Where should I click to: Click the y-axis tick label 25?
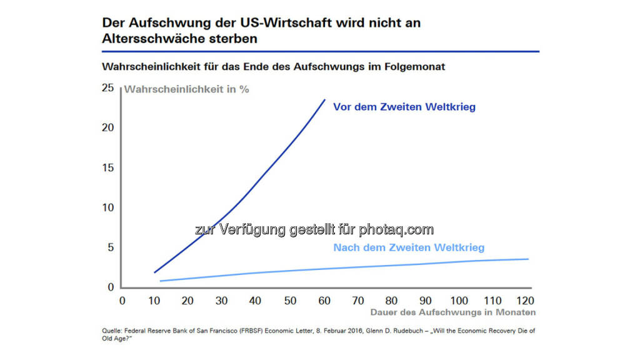(x=108, y=88)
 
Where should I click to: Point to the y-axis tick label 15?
(x=108, y=167)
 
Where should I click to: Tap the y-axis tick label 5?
(x=111, y=247)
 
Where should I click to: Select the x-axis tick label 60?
(x=324, y=300)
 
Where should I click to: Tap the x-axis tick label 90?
(x=425, y=300)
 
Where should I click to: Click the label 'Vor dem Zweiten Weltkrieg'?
(x=404, y=107)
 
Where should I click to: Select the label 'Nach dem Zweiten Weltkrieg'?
(x=409, y=247)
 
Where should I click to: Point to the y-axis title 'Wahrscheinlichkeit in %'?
(x=187, y=89)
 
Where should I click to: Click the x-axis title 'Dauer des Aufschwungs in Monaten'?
(x=452, y=312)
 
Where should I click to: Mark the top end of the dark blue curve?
(x=325, y=99)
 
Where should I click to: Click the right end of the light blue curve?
(x=529, y=259)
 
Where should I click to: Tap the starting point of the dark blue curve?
(x=154, y=272)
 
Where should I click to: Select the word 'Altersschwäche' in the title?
(x=149, y=38)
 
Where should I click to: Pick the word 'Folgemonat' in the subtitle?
(x=416, y=66)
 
